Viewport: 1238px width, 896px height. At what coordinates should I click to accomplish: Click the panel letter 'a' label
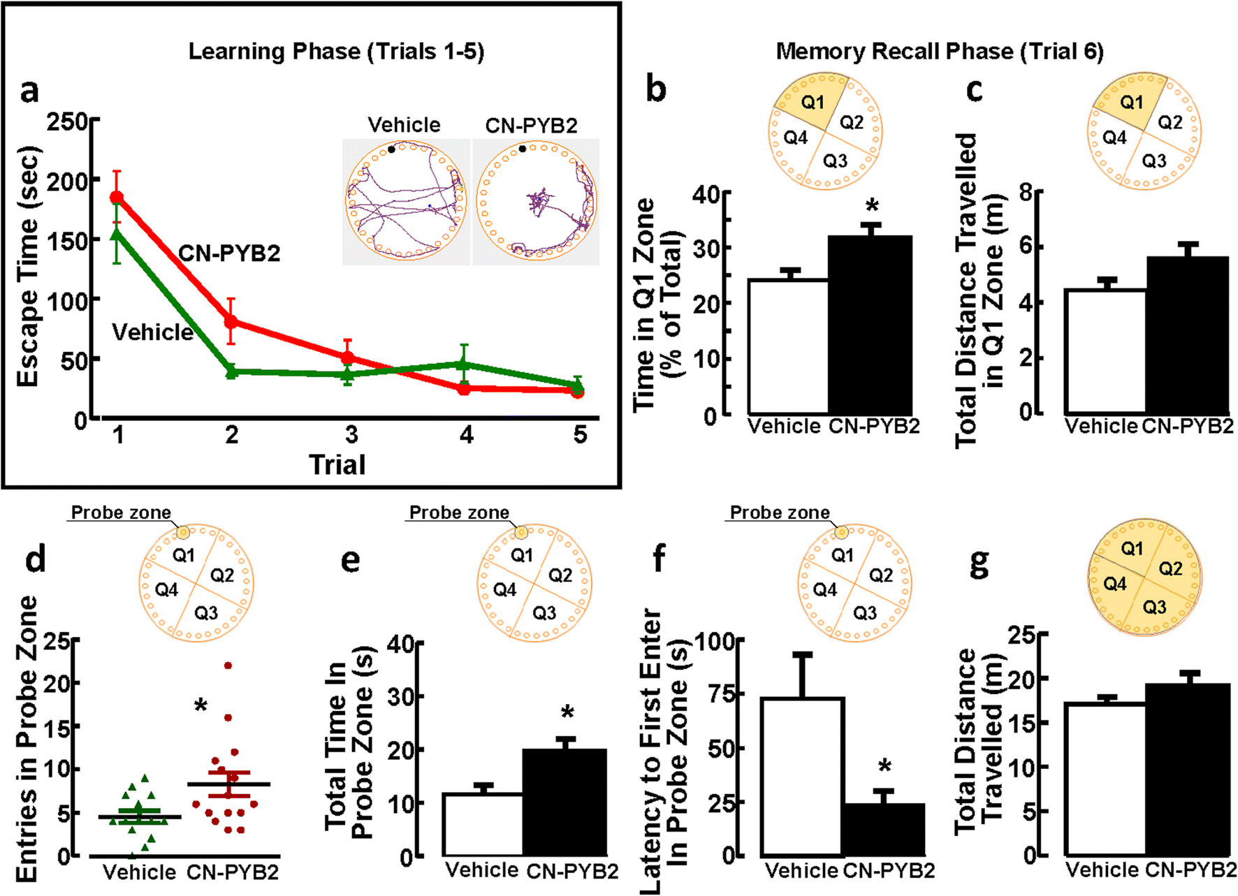pyautogui.click(x=29, y=91)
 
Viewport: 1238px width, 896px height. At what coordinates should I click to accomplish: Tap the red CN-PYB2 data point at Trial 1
pyautogui.click(x=117, y=198)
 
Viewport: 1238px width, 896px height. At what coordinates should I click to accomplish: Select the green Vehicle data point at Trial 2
pyautogui.click(x=231, y=372)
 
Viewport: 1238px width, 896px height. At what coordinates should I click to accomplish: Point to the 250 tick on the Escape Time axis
pyautogui.click(x=67, y=122)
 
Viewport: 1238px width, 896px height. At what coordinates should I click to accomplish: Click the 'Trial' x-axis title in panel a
pyautogui.click(x=337, y=464)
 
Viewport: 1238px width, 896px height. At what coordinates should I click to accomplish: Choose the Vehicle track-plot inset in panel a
pyautogui.click(x=405, y=202)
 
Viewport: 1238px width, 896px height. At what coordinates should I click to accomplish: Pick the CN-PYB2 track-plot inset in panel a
pyautogui.click(x=536, y=202)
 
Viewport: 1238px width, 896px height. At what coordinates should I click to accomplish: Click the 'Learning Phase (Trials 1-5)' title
pyautogui.click(x=336, y=51)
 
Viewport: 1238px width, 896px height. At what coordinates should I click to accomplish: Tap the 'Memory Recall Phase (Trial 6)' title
pyautogui.click(x=940, y=51)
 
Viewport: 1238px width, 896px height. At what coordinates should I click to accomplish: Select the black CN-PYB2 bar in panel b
pyautogui.click(x=870, y=325)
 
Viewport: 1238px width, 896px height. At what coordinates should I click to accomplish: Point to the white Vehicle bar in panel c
pyautogui.click(x=1105, y=351)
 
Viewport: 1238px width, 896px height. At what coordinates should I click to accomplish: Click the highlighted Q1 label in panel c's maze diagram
pyautogui.click(x=1131, y=103)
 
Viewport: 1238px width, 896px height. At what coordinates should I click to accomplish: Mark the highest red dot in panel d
pyautogui.click(x=228, y=666)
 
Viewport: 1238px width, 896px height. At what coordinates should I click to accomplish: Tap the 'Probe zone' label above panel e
pyautogui.click(x=459, y=513)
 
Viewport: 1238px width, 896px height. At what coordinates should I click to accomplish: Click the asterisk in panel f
pyautogui.click(x=884, y=767)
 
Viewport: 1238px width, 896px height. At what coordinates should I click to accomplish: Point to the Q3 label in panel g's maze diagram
pyautogui.click(x=1154, y=607)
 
